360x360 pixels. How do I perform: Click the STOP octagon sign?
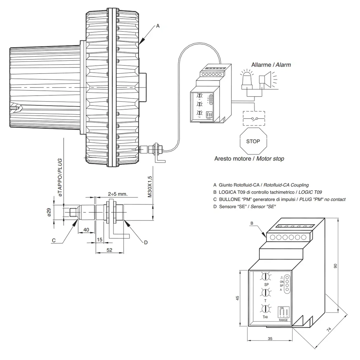pyautogui.click(x=253, y=141)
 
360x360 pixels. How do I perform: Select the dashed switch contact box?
pyautogui.click(x=254, y=118)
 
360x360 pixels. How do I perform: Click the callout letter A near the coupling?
pyautogui.click(x=158, y=26)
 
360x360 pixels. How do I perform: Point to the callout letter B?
pyautogui.click(x=252, y=223)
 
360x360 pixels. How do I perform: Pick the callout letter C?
pyautogui.click(x=54, y=240)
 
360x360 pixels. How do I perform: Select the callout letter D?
pyautogui.click(x=146, y=242)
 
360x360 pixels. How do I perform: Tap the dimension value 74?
pyautogui.click(x=328, y=329)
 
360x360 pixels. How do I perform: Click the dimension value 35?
pyautogui.click(x=270, y=339)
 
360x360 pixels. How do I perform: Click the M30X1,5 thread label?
pyautogui.click(x=149, y=186)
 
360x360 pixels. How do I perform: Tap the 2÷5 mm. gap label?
pyautogui.click(x=117, y=194)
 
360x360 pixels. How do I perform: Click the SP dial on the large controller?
pyautogui.click(x=266, y=277)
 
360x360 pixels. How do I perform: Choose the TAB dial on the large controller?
pyautogui.click(x=266, y=309)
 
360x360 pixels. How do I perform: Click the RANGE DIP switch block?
pyautogui.click(x=283, y=313)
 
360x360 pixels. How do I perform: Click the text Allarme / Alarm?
pyautogui.click(x=271, y=65)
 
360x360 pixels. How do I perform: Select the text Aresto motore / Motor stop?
pyautogui.click(x=249, y=159)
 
